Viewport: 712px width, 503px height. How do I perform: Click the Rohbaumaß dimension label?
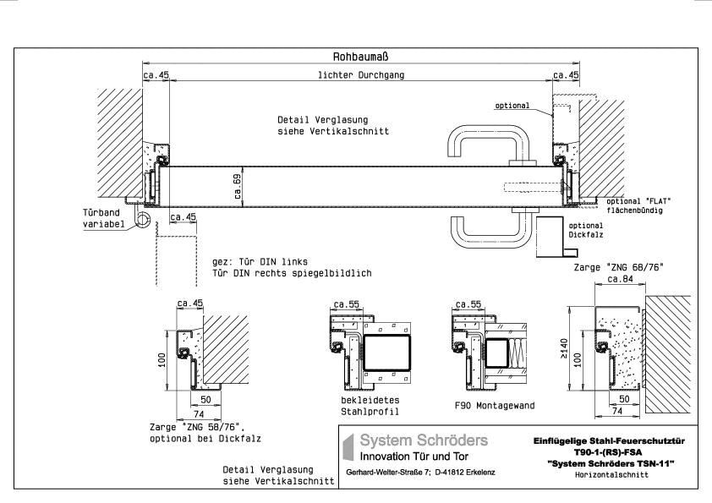pos(361,57)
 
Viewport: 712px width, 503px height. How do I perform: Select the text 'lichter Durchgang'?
pos(361,75)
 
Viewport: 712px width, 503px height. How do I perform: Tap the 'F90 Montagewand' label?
pos(495,406)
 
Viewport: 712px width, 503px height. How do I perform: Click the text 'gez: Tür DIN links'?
pos(260,263)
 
